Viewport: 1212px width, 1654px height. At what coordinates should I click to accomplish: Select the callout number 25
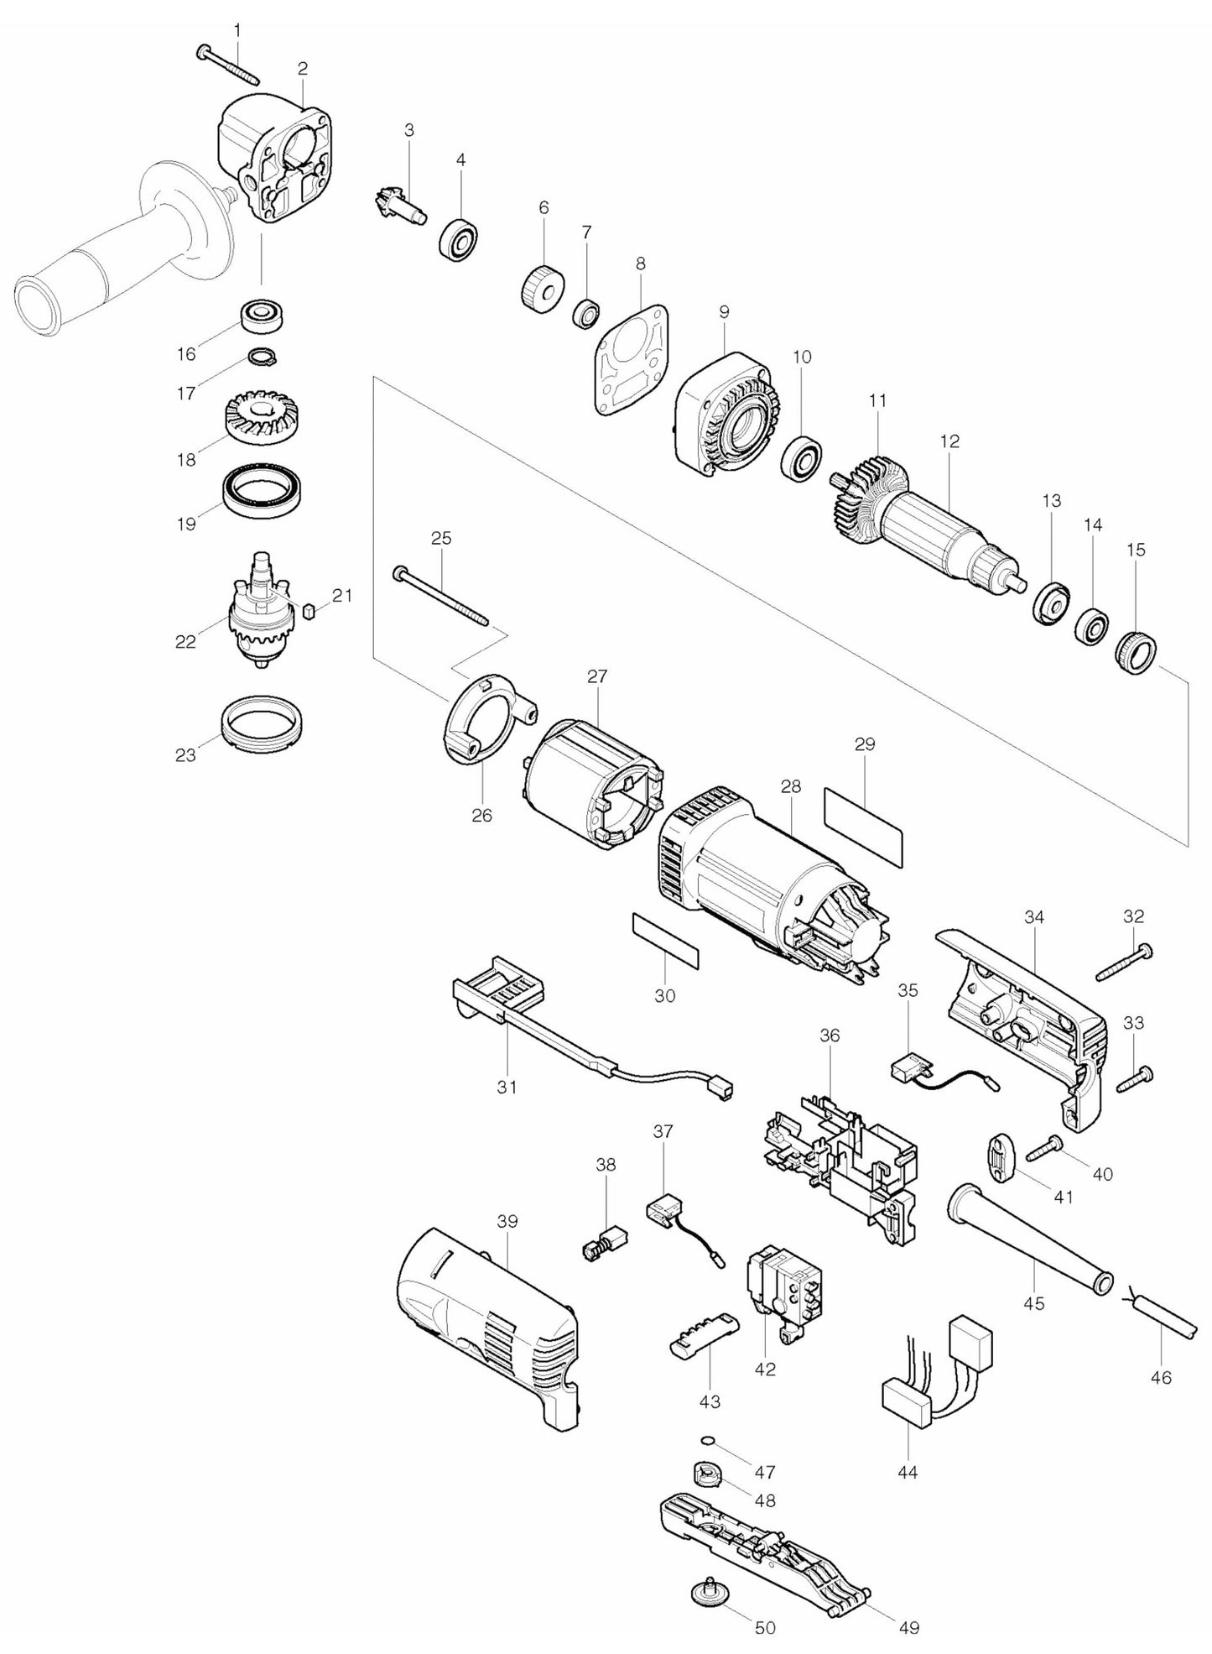441,539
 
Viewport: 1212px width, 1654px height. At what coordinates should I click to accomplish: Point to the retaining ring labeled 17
263,358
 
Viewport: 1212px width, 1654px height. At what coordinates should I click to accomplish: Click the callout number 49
908,1627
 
